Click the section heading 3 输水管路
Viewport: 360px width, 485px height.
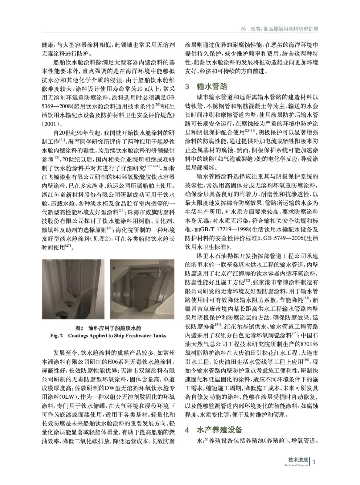pyautogui.click(x=206, y=86)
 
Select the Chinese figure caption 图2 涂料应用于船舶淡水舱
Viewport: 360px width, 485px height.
pyautogui.click(x=108, y=328)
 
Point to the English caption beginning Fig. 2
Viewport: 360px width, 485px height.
pyautogui.click(x=108, y=336)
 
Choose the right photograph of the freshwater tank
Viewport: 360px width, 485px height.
pyautogui.click(x=142, y=289)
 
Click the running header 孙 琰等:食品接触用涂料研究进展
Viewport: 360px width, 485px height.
pyautogui.click(x=279, y=29)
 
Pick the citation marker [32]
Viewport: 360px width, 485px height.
pyautogui.click(x=247, y=280)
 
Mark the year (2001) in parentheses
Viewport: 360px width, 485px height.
pyautogui.click(x=51, y=124)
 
